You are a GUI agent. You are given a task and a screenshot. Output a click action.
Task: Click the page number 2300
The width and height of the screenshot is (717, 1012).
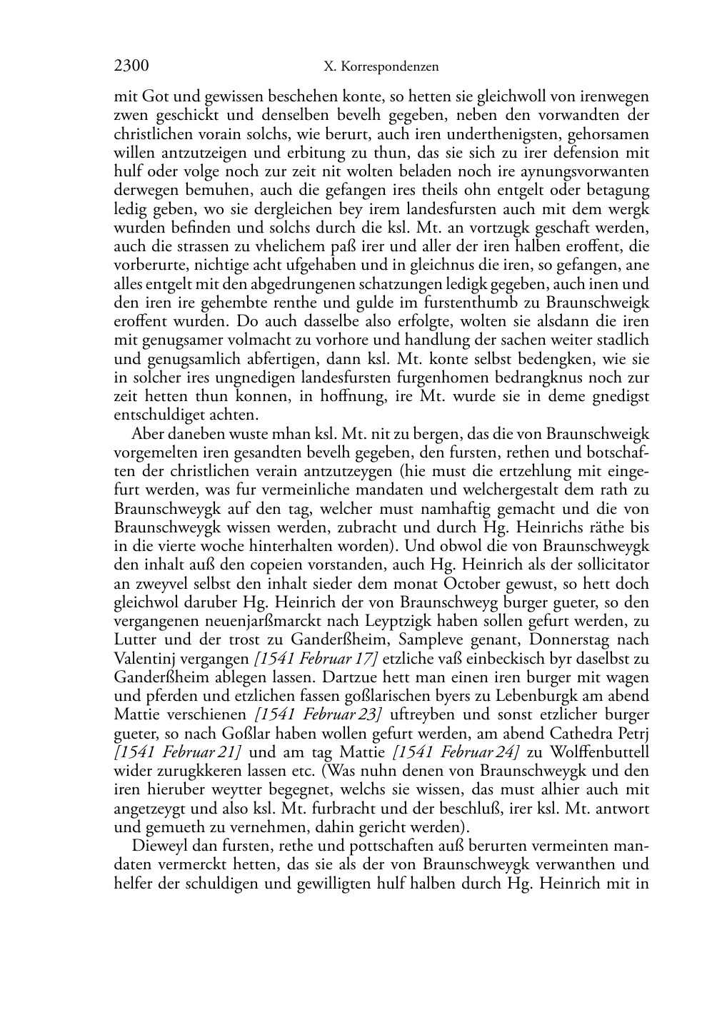(x=131, y=67)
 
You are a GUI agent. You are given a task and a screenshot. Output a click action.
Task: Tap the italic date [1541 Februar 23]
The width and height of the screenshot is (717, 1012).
(x=317, y=714)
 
